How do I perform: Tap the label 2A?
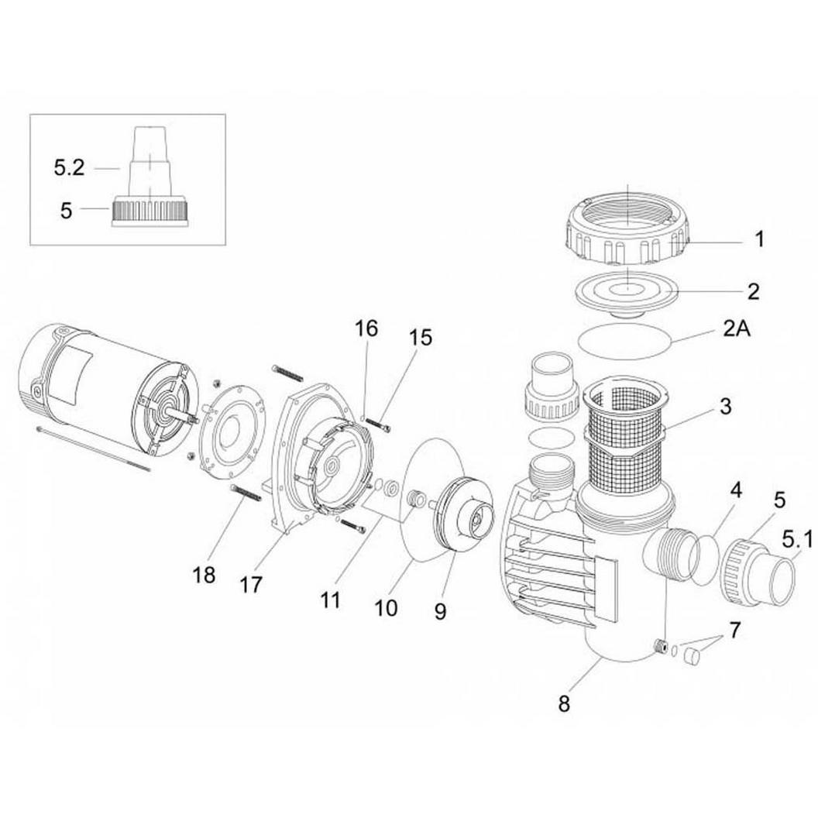(x=736, y=328)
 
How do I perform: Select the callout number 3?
(x=726, y=406)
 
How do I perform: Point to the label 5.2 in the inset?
(x=70, y=167)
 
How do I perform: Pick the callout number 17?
(x=251, y=584)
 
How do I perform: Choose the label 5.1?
(x=798, y=541)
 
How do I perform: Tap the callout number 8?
(x=564, y=704)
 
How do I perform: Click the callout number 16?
(x=366, y=328)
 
